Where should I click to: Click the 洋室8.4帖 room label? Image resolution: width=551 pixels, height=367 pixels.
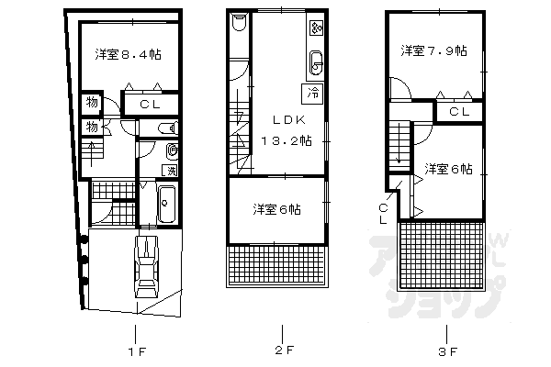click(x=129, y=55)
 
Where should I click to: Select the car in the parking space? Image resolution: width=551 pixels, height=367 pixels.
click(x=147, y=266)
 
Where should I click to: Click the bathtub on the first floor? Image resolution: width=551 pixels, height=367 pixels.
click(x=166, y=204)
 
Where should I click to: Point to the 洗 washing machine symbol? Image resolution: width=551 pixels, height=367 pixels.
click(x=170, y=171)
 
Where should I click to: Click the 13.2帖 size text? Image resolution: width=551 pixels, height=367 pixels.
click(x=287, y=140)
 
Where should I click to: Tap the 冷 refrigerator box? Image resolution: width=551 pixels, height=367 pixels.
click(x=312, y=92)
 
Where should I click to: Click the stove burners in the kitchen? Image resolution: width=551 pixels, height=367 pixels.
click(x=317, y=28)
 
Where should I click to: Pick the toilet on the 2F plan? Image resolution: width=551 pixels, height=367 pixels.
click(x=238, y=24)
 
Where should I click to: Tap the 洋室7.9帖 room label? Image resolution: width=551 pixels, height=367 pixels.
click(x=433, y=50)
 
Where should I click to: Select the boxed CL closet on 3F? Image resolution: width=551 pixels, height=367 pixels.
click(x=459, y=111)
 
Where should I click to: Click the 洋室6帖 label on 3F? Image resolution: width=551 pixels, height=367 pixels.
click(x=449, y=169)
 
